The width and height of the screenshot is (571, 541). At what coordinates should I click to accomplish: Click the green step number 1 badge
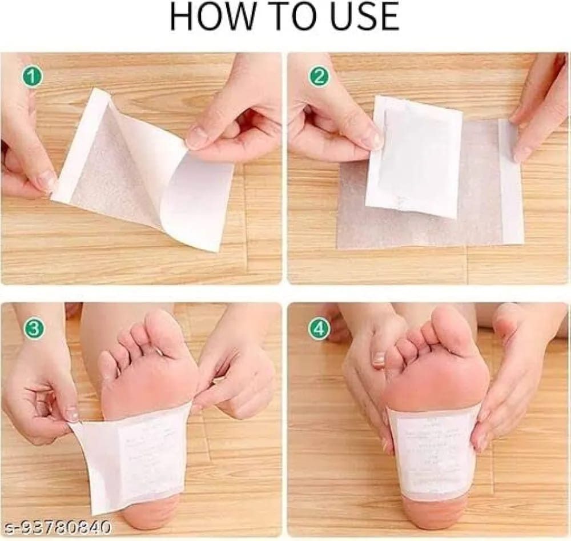[x=33, y=77]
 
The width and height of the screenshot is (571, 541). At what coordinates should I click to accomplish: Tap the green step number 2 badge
[x=319, y=77]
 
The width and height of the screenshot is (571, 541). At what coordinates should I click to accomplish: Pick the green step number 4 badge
[x=319, y=328]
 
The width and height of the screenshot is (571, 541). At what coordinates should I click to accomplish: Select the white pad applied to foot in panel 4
[x=433, y=451]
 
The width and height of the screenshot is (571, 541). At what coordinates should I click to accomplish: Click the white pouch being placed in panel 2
[x=414, y=157]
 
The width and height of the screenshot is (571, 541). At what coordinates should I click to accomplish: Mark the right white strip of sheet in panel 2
[x=511, y=183]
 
